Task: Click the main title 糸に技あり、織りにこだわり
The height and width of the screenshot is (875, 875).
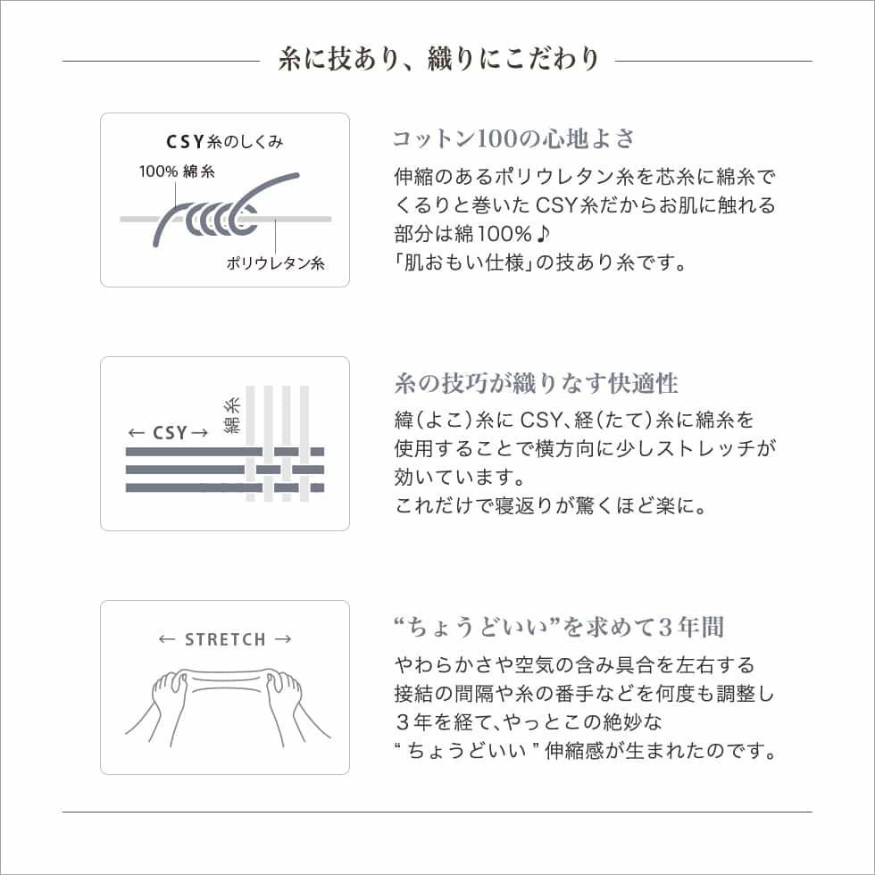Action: tap(437, 60)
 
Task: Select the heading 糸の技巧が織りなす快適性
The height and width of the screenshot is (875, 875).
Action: tap(536, 384)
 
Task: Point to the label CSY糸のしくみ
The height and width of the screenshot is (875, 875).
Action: tap(225, 141)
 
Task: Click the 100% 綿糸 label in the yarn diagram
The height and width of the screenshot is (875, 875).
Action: tap(176, 171)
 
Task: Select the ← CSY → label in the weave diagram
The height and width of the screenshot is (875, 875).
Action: tap(168, 433)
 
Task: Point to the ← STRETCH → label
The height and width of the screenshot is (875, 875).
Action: tap(225, 639)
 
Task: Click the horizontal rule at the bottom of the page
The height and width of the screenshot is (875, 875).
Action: tap(437, 812)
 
